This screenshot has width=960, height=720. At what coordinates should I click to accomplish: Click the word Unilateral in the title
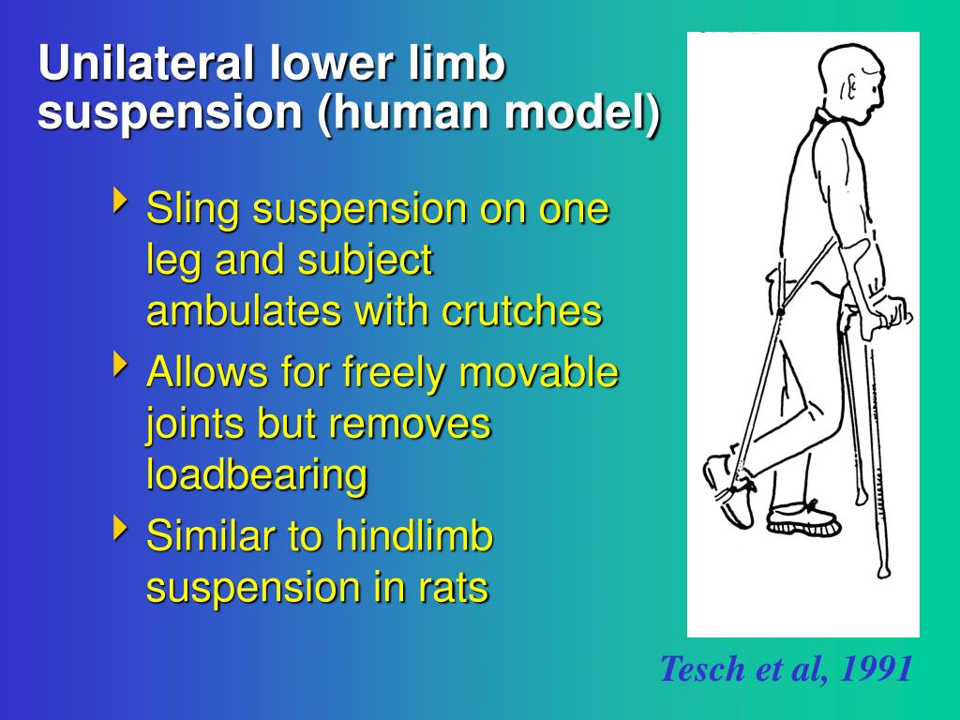point(146,65)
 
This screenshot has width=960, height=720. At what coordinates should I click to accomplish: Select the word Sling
point(193,209)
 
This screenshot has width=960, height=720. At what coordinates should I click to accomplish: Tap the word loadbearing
point(256,475)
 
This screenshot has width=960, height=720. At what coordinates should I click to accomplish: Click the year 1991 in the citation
point(876,669)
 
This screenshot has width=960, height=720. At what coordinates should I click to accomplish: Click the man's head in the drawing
point(849,85)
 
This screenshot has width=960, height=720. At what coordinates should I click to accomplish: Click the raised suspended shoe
point(729,487)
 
